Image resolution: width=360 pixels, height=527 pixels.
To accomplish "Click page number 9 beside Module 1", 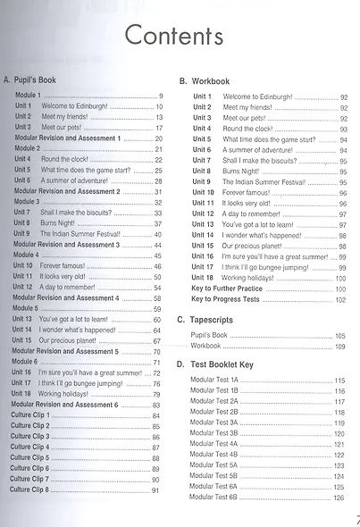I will coord(160,96).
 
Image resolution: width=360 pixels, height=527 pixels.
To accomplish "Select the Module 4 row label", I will coord(25,255).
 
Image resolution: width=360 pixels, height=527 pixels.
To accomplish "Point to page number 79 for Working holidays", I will coord(157,394).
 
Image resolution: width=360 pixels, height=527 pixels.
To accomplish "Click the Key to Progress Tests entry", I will coord(234,299).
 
